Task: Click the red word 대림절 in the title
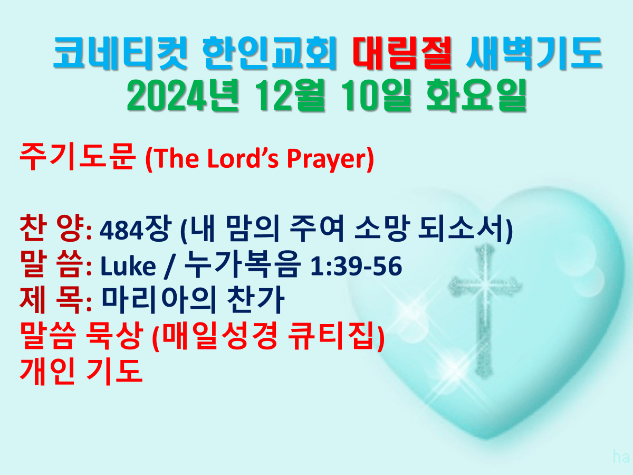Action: (x=402, y=53)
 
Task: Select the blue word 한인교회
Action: (x=270, y=53)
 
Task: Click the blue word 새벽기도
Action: (x=534, y=53)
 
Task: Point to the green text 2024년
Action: (x=183, y=95)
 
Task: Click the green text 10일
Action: (x=378, y=95)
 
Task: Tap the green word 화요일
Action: (x=477, y=95)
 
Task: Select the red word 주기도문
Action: (x=78, y=157)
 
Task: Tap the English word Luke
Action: (x=128, y=265)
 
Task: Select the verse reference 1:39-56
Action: (x=356, y=265)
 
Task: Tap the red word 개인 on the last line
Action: (x=48, y=372)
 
